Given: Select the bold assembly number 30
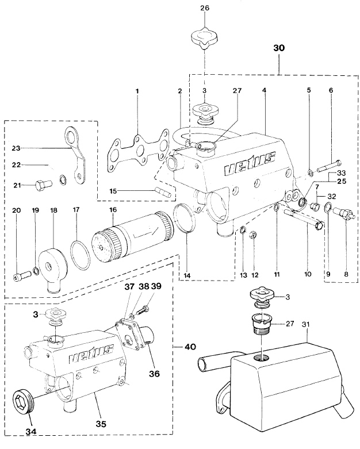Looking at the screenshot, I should [278, 49].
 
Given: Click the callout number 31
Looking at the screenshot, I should [305, 325].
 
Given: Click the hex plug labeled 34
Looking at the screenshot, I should [22, 402].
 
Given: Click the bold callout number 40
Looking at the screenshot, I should [190, 347].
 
